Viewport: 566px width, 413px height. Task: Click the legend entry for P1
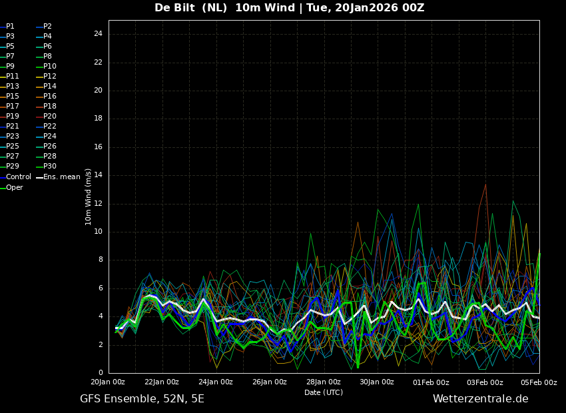[x=7, y=27]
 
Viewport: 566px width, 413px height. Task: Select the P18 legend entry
[x=47, y=106]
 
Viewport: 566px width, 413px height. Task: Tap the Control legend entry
[x=15, y=177]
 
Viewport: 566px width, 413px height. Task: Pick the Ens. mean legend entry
[x=59, y=177]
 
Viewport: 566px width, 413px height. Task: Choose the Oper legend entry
[x=11, y=187]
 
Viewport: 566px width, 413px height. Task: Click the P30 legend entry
[x=47, y=166]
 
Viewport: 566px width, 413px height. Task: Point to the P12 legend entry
[x=47, y=76]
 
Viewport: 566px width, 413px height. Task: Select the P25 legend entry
[x=9, y=146]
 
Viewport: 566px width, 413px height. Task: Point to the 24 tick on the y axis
[x=98, y=34]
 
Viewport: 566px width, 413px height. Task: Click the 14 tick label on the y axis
[x=98, y=175]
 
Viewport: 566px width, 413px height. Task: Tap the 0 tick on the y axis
[x=101, y=373]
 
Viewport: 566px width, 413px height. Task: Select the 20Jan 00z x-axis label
[x=108, y=382]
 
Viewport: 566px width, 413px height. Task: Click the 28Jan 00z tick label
[x=324, y=382]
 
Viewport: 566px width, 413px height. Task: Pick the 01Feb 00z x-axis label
[x=431, y=382]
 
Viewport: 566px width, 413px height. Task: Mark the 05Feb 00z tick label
[x=539, y=382]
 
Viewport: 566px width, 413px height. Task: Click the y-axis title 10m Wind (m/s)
[x=88, y=197]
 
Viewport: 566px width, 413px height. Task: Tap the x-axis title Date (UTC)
[x=324, y=392]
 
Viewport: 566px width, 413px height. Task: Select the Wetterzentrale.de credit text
[x=481, y=399]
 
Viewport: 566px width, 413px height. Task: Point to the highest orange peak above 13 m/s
[x=485, y=185]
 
